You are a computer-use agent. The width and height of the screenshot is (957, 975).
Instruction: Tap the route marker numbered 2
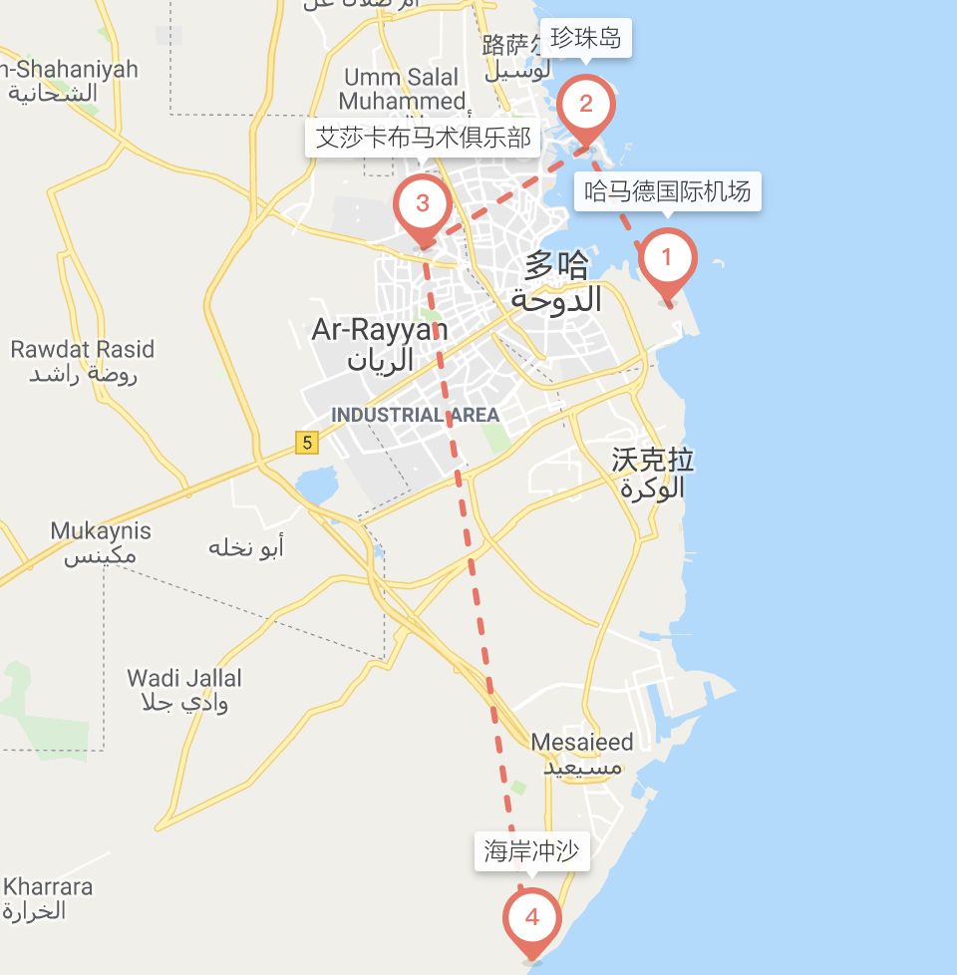(x=585, y=105)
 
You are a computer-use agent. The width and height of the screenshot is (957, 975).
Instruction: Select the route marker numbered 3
(x=422, y=204)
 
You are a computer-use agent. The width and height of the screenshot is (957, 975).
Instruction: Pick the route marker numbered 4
(x=531, y=917)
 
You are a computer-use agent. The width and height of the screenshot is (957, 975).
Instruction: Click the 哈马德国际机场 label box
(x=667, y=190)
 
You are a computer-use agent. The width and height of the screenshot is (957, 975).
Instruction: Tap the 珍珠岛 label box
(x=585, y=39)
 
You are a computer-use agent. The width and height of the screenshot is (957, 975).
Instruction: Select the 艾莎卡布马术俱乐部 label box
(x=423, y=138)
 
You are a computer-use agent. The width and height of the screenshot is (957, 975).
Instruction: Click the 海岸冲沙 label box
(x=530, y=851)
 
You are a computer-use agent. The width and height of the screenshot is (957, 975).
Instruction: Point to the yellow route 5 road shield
(x=307, y=442)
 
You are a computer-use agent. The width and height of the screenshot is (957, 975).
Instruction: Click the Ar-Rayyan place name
(x=380, y=330)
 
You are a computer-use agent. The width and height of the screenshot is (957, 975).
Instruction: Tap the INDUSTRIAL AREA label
(x=415, y=415)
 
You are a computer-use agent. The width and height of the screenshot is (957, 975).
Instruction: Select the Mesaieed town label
(x=581, y=743)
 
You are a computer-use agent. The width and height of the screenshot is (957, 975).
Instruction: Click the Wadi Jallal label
(x=184, y=679)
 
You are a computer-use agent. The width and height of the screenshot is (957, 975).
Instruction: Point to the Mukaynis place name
(x=101, y=530)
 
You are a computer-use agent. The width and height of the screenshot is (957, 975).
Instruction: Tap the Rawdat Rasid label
(x=83, y=350)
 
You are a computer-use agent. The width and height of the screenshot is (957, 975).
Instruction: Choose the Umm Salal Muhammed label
(x=402, y=89)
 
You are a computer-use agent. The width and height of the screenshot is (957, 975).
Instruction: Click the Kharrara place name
(x=47, y=886)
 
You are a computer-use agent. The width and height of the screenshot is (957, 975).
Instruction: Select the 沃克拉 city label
(x=653, y=460)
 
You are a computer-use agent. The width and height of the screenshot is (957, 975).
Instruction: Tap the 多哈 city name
(x=557, y=265)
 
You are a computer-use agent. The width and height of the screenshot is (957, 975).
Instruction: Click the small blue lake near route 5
(x=318, y=486)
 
